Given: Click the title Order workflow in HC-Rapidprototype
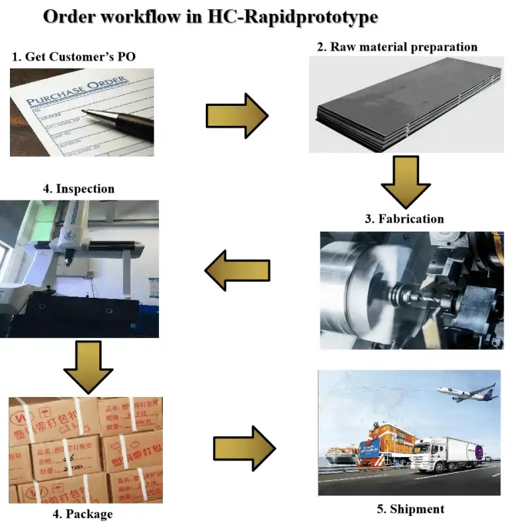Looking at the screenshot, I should point(211,17).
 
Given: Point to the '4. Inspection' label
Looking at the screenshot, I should point(78,189).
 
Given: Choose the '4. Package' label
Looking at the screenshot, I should point(81,513).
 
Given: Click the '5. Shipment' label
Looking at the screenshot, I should point(410,509).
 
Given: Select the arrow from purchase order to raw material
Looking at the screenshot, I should point(236,116).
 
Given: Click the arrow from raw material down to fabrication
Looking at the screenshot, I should point(406,181).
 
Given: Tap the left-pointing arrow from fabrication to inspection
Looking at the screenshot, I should point(237,269).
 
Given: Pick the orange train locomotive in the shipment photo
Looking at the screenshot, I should point(384,447).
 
